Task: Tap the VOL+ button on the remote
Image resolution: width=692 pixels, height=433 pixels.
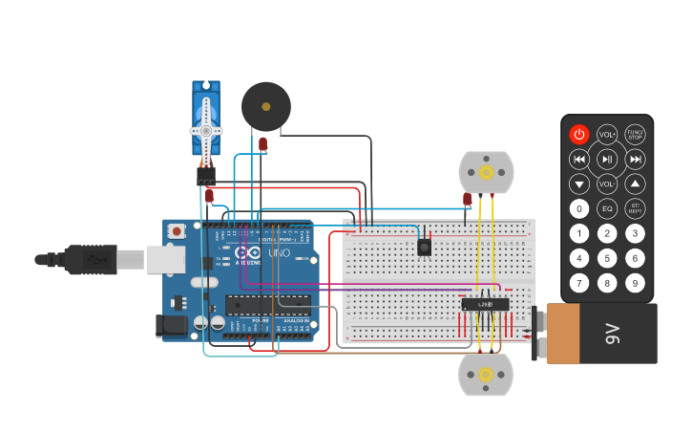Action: click(x=607, y=135)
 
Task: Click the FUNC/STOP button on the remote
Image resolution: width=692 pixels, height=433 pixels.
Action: click(x=635, y=135)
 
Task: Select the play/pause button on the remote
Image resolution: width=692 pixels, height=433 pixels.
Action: click(x=607, y=159)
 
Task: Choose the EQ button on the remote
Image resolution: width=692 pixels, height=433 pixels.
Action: click(x=607, y=208)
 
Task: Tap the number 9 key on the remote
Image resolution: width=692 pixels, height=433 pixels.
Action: click(x=635, y=283)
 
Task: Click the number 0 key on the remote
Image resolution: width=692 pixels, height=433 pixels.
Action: click(x=579, y=208)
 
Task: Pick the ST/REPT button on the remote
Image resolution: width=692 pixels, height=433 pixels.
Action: click(x=635, y=208)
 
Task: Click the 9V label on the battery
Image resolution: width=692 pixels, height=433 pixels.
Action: click(x=612, y=334)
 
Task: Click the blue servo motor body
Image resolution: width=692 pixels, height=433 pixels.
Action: click(x=206, y=119)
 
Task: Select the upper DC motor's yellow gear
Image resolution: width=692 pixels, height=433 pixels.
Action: click(x=486, y=172)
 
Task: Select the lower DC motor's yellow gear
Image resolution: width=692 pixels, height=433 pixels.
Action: click(x=486, y=375)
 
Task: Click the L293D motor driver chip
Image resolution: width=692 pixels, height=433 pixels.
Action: click(x=485, y=304)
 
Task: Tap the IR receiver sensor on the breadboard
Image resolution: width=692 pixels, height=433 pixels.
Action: click(x=425, y=247)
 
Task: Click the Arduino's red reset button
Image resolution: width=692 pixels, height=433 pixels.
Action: click(x=178, y=231)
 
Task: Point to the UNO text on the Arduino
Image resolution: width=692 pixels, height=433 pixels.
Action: click(x=278, y=253)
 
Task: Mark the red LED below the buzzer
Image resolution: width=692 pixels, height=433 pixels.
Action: click(x=263, y=143)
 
